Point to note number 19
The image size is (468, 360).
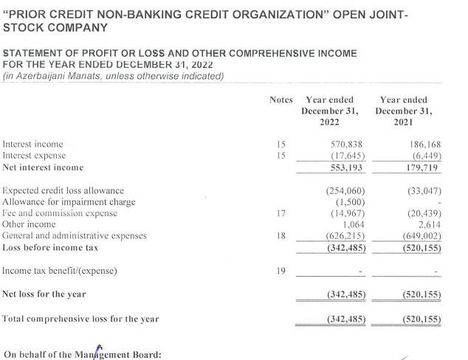281,271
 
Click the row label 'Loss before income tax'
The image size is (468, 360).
50,248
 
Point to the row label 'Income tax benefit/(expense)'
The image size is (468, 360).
60,271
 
